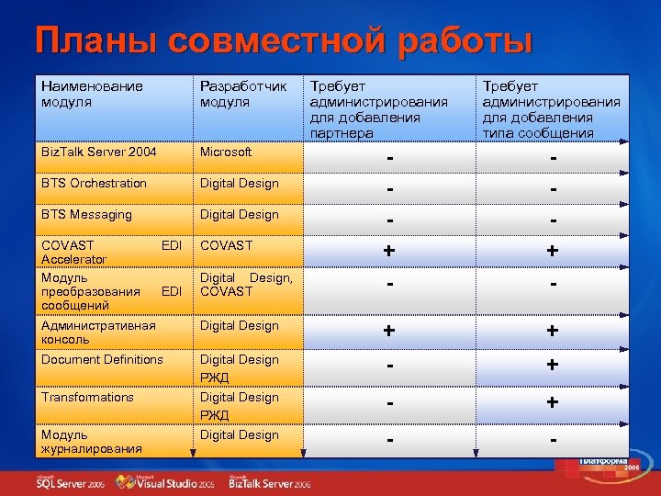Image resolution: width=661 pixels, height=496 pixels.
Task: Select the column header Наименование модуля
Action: [92, 94]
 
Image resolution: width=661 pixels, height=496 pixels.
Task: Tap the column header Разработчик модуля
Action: [243, 94]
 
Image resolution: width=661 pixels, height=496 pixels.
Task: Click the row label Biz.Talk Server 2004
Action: [99, 152]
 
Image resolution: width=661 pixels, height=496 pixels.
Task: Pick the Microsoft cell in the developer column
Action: [226, 152]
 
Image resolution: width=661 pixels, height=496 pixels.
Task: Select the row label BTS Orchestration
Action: [94, 183]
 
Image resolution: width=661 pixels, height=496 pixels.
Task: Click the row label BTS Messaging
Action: [86, 214]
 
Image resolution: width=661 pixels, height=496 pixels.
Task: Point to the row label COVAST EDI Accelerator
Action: [109, 252]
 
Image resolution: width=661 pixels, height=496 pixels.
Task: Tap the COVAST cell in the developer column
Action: [226, 245]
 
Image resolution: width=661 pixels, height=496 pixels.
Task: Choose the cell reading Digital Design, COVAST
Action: [246, 284]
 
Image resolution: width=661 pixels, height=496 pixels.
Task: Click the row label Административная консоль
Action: [98, 332]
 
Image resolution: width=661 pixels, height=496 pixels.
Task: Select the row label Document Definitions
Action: [102, 359]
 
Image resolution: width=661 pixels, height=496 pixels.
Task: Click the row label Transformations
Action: [87, 397]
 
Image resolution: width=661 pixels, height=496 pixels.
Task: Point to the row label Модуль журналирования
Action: [92, 441]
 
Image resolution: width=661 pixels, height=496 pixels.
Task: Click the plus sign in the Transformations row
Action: [552, 402]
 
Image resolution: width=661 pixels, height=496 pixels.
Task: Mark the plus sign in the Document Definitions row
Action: [552, 365]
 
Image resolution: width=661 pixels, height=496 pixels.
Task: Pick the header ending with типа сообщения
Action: [552, 110]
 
